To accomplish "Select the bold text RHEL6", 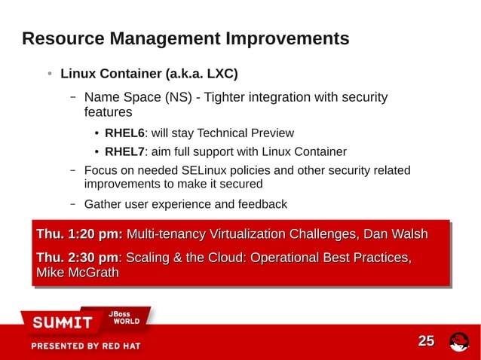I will tap(124, 133).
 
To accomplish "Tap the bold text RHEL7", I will tap(124, 152).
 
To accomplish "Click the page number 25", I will tap(426, 341).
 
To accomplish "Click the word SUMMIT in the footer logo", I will tap(62, 323).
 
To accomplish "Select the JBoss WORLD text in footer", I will tap(121, 317).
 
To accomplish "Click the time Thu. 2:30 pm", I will tap(78, 258).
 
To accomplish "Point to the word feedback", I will tap(260, 204).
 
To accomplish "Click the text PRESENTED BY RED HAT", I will tap(85, 346).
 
